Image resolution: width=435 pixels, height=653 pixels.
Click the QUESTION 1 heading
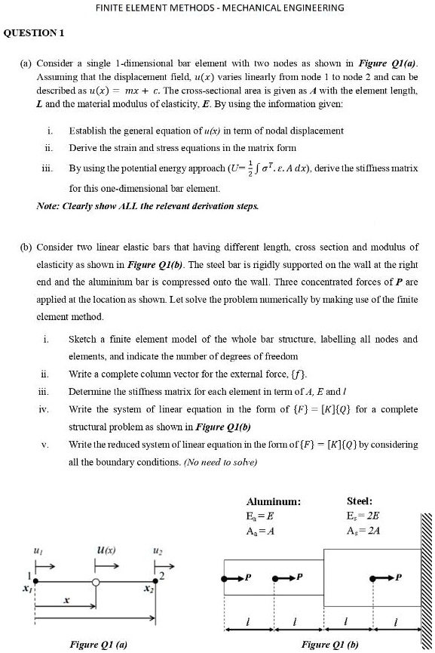click(x=35, y=32)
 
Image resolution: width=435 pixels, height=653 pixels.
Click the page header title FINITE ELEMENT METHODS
click(x=219, y=8)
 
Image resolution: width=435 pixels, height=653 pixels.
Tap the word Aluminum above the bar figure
click(x=274, y=501)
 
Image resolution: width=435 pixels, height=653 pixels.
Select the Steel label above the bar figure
click(x=360, y=501)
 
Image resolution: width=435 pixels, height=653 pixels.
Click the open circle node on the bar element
click(x=96, y=582)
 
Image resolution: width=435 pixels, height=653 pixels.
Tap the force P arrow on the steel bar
click(x=386, y=579)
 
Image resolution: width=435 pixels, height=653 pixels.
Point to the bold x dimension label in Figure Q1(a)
click(x=66, y=600)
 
